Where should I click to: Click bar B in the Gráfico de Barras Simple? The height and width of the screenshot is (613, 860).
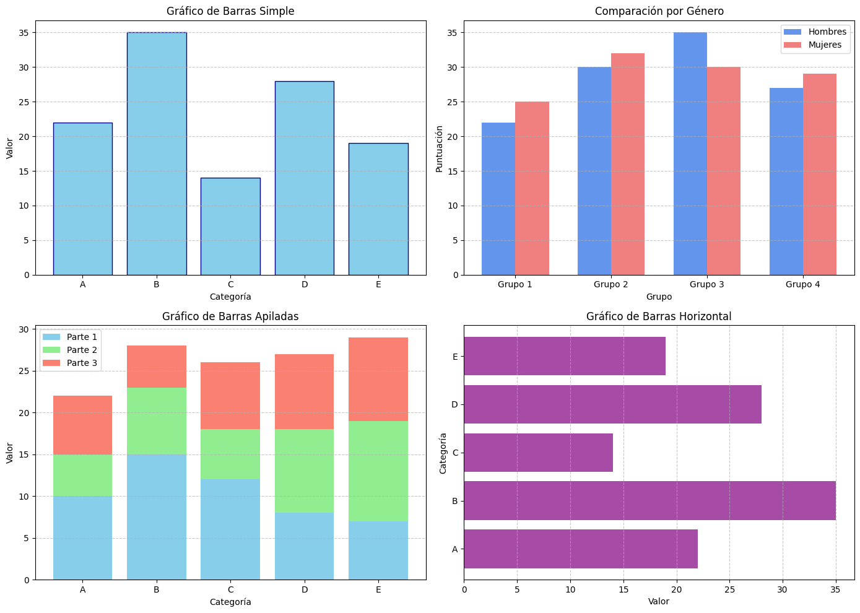157,154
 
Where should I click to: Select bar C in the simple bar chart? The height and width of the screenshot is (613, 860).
230,226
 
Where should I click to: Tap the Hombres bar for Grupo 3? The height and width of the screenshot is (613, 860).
690,154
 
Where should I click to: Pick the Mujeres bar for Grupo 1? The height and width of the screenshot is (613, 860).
532,188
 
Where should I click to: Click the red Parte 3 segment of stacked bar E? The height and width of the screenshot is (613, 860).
378,379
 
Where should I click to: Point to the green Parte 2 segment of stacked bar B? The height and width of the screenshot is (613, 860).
157,421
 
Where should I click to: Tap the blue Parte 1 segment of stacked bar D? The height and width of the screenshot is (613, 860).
304,546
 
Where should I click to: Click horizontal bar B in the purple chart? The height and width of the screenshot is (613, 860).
649,500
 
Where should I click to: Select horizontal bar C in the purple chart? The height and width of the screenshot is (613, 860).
538,453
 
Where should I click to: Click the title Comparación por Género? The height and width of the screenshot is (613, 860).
659,11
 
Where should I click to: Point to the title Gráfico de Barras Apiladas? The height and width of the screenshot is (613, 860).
230,316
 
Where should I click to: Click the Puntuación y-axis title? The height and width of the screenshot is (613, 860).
439,149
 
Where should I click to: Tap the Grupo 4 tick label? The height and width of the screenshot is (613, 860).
802,285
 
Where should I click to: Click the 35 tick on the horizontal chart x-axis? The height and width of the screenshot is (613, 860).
836,590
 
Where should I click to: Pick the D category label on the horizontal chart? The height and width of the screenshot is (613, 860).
455,404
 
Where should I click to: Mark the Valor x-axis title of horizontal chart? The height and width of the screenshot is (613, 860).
659,601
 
